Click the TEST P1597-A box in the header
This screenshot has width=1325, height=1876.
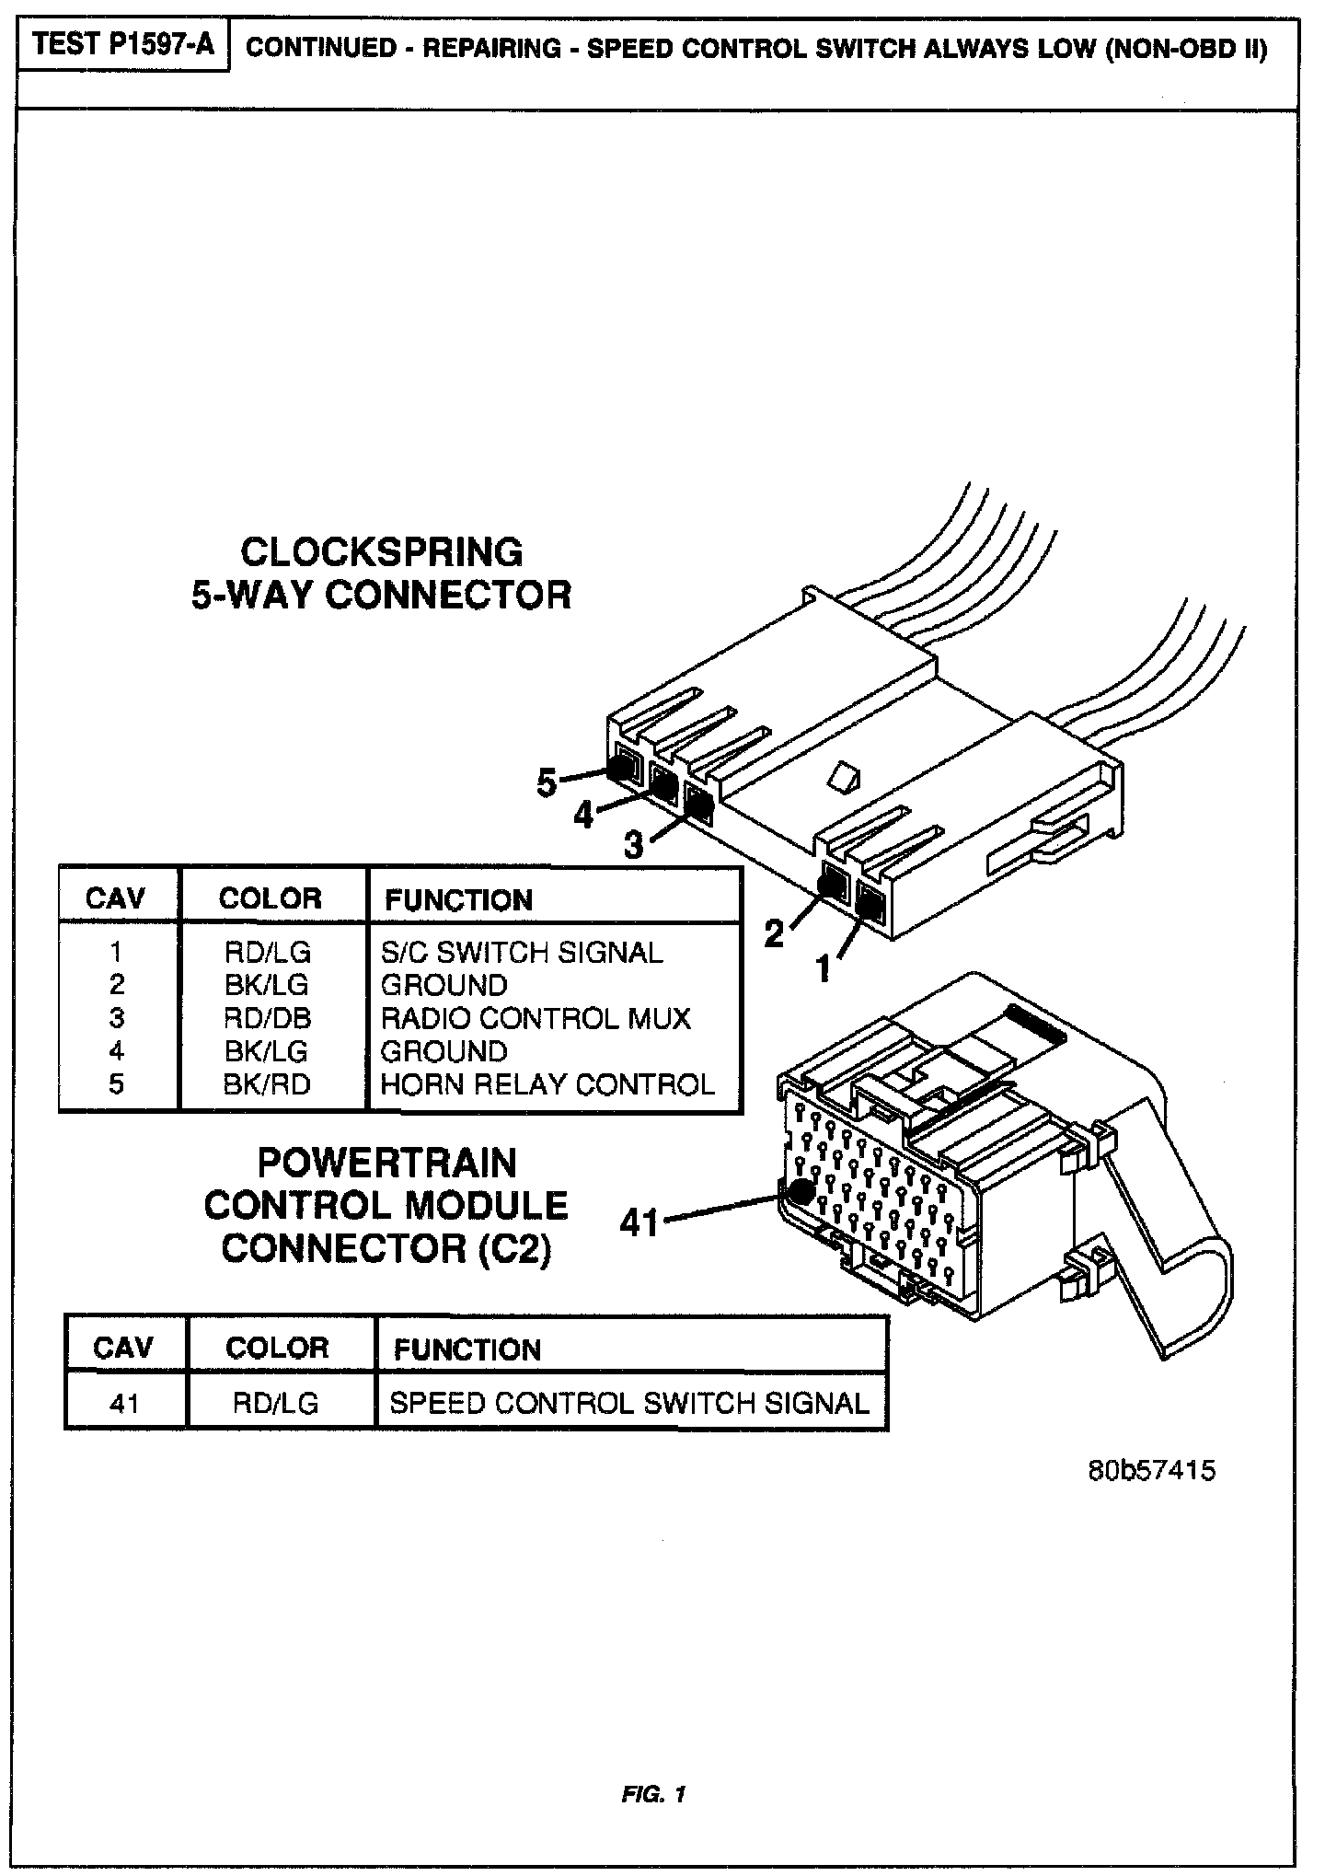122,46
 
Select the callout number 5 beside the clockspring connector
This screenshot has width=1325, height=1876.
547,783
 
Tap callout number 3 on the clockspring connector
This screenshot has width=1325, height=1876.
634,844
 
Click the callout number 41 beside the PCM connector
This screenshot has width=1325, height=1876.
639,1222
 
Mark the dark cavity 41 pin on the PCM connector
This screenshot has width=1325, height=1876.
801,1190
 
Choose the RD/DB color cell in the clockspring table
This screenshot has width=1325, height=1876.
268,1018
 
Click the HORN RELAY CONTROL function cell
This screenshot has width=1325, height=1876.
547,1084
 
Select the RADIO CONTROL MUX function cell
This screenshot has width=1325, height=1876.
536,1018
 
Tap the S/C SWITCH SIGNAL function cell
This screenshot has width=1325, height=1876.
522,952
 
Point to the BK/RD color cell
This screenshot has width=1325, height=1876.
268,1084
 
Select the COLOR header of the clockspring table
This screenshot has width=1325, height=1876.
271,898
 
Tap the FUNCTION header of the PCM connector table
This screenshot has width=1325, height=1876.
467,1349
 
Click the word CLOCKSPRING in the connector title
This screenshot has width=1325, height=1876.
382,552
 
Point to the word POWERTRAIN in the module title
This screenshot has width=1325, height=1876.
386,1164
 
